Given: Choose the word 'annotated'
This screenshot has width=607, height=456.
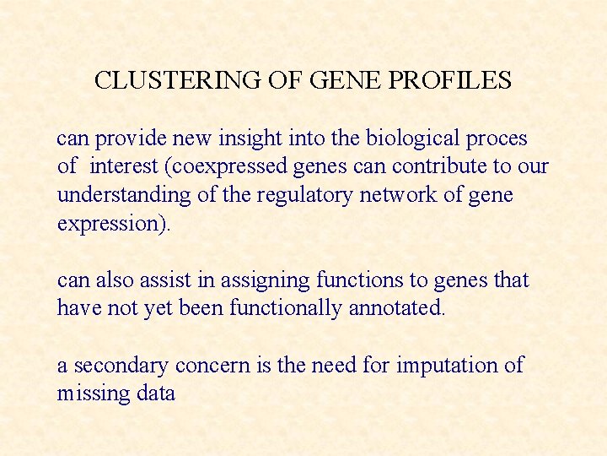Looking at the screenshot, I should point(395,308).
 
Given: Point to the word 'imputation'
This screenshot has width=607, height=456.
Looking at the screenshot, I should point(443,366).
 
